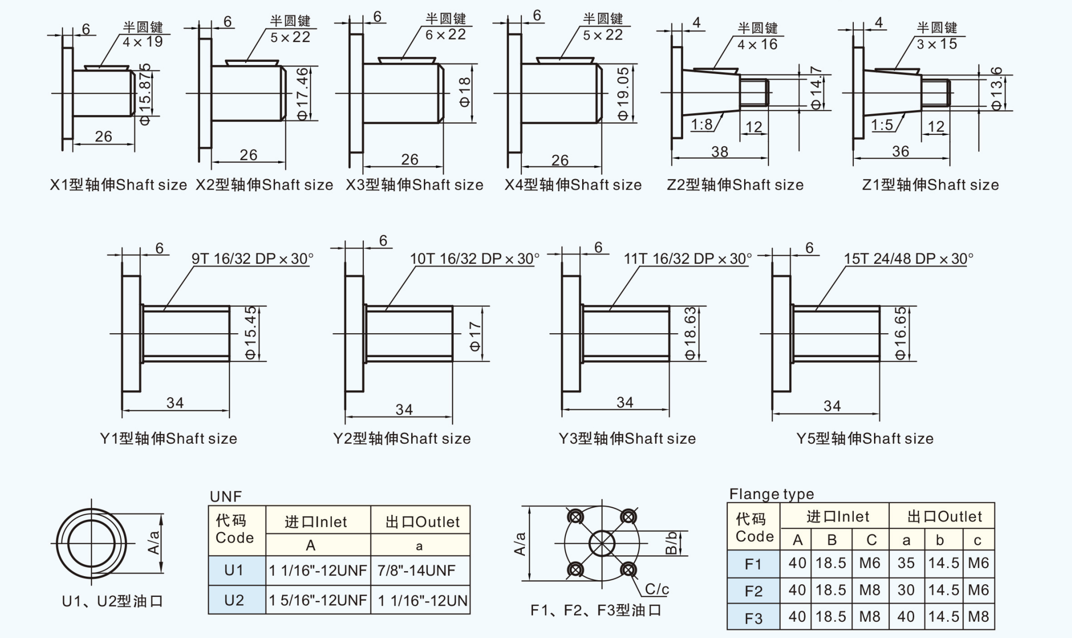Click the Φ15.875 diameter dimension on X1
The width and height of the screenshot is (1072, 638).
[146, 94]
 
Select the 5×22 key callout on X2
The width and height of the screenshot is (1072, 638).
[290, 37]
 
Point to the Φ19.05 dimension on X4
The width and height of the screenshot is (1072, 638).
[623, 94]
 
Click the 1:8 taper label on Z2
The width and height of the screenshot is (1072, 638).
[701, 124]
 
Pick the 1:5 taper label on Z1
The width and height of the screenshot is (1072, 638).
[882, 125]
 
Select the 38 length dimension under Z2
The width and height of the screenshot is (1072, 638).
[720, 152]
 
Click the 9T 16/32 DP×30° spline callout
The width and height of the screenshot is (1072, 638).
[252, 259]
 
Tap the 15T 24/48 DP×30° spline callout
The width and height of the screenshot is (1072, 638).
[908, 259]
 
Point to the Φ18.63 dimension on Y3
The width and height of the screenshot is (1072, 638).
[690, 333]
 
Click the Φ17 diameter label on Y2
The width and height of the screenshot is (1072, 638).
[475, 336]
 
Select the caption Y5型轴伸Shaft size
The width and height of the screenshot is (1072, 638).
[865, 439]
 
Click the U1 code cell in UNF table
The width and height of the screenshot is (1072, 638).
[234, 571]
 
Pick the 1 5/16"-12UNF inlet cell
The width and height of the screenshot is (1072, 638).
[318, 600]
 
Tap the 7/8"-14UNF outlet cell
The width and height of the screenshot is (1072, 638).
[416, 571]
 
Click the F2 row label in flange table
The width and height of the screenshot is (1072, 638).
[753, 591]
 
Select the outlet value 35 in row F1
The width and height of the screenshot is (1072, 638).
[906, 563]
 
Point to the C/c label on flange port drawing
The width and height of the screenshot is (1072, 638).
[657, 589]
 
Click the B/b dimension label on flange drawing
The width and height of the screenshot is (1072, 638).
[671, 543]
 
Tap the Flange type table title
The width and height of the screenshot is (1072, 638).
[772, 494]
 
